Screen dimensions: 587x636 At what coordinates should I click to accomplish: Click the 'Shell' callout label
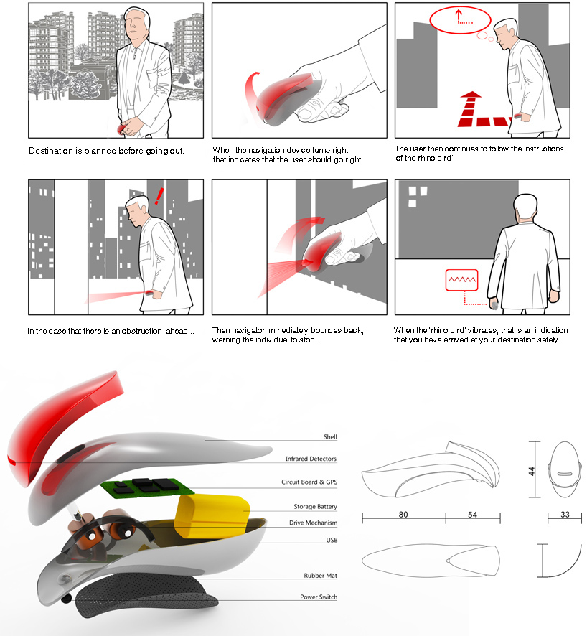point(330,437)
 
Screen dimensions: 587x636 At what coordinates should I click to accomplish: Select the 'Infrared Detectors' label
point(311,459)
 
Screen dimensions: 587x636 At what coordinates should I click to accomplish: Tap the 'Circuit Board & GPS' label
point(309,482)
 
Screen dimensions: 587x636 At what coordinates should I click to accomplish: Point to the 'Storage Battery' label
point(316,507)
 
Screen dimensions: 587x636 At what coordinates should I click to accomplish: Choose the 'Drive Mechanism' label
point(314,523)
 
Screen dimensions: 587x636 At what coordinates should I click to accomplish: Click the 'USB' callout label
point(332,540)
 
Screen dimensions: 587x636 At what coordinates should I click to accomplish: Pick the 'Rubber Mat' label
point(321,576)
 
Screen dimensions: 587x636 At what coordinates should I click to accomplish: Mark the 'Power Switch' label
point(319,597)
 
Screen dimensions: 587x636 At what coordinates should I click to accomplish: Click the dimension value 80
point(403,514)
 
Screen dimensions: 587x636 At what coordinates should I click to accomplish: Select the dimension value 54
point(473,514)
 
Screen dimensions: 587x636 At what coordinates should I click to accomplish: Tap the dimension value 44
point(532,472)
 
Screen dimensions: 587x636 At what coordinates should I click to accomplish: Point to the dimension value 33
point(565,514)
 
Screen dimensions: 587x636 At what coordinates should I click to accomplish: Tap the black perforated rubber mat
point(146,594)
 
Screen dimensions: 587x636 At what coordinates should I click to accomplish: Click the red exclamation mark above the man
point(159,196)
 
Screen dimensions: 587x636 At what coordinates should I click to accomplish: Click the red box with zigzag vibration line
point(461,280)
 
